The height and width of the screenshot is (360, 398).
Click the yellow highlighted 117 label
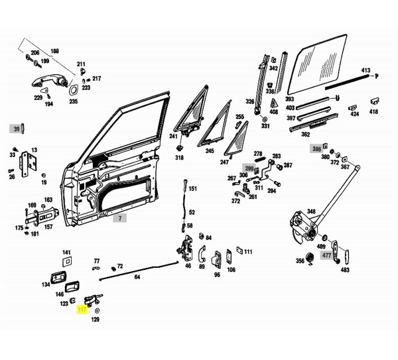tap(82, 310)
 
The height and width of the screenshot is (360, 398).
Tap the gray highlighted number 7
tap(120, 218)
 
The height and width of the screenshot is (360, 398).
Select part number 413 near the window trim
tap(365, 70)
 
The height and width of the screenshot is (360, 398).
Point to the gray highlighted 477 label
tap(326, 255)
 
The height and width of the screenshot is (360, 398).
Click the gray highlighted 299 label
tap(249, 169)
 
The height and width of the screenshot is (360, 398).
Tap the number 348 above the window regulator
tap(311, 212)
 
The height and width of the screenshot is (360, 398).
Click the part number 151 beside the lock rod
tap(192, 189)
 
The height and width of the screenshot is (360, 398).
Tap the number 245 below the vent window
tap(210, 151)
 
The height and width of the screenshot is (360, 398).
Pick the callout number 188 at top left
tap(54, 51)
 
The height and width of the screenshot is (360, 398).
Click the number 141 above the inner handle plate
tap(66, 253)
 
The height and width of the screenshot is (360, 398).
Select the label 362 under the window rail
tap(305, 135)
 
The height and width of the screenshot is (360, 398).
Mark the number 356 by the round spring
tap(300, 261)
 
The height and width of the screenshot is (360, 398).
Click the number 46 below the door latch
tap(188, 266)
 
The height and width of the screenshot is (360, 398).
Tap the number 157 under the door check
tap(48, 226)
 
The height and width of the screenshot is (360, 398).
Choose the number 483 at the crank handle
tap(345, 270)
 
